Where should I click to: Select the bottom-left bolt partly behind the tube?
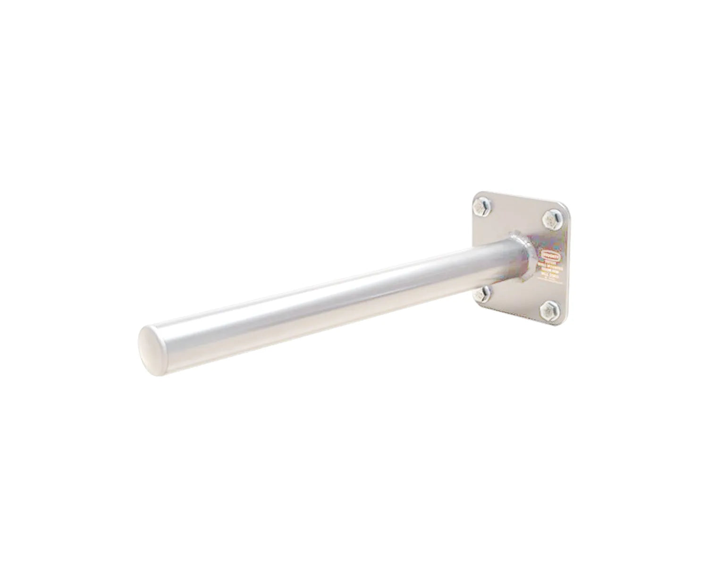pos(481,295)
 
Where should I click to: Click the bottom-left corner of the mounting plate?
pos(473,305)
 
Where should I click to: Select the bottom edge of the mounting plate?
pos(514,316)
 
